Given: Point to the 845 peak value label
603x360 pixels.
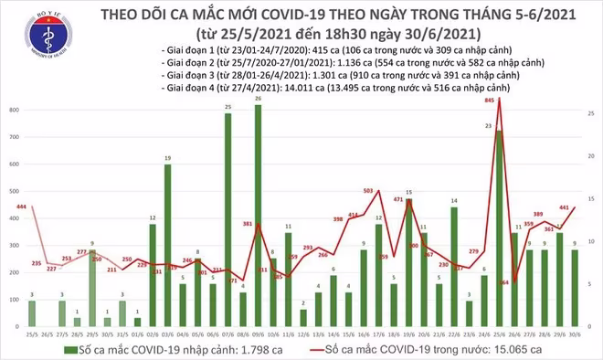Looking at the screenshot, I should [490, 101].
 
